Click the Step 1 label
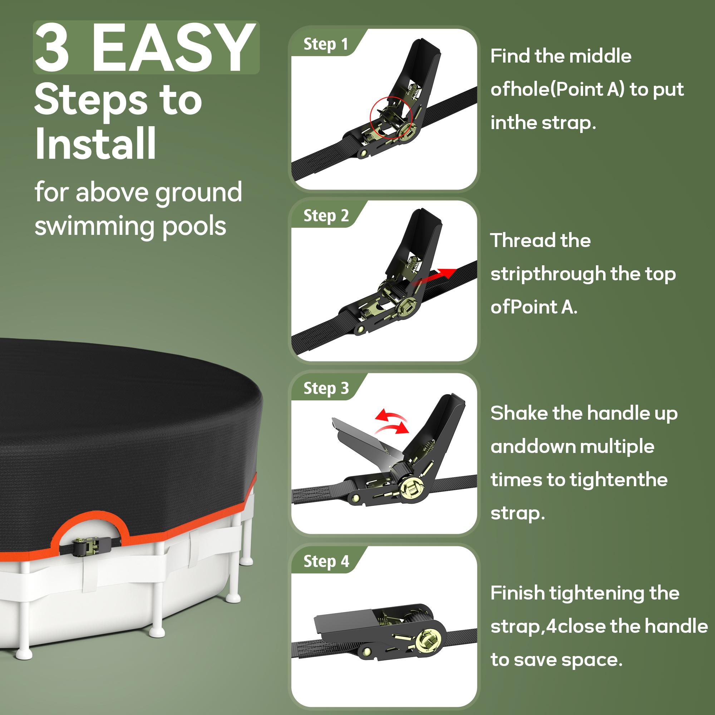[325, 44]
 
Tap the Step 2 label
[325, 216]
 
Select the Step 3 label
[325, 389]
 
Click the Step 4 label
[325, 561]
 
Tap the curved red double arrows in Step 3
[391, 421]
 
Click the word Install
[95, 144]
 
